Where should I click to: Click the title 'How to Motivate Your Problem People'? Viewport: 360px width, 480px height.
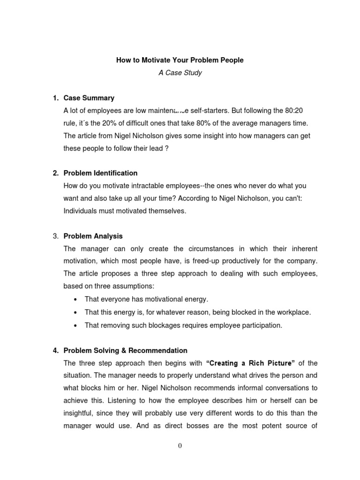tap(180, 60)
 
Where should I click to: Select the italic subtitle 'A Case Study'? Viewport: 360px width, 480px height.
tap(180, 73)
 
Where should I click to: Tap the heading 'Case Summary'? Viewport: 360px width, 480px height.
tap(89, 98)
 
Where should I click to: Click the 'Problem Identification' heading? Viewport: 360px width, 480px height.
tap(100, 173)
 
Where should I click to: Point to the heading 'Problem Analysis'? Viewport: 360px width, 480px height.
tap(93, 236)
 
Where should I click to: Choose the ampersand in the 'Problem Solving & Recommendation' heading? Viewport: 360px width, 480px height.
tap(127, 350)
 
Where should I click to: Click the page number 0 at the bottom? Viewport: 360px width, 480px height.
tap(180, 446)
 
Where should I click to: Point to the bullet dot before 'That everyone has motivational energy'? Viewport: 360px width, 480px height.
tap(75, 300)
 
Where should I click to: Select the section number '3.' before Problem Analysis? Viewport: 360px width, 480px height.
tap(55, 236)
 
